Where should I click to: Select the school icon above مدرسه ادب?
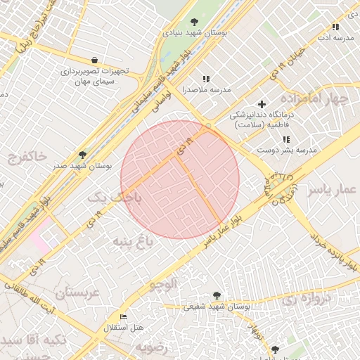pos(335,27)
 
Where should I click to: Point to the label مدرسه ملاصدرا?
pos(207,90)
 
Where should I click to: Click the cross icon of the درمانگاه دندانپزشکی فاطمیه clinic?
pos(262,104)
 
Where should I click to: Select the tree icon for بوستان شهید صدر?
pos(82,155)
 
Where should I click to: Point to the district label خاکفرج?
pos(27,154)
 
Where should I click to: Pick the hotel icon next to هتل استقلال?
pos(124,317)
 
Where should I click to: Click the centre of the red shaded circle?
pos(180,179)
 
